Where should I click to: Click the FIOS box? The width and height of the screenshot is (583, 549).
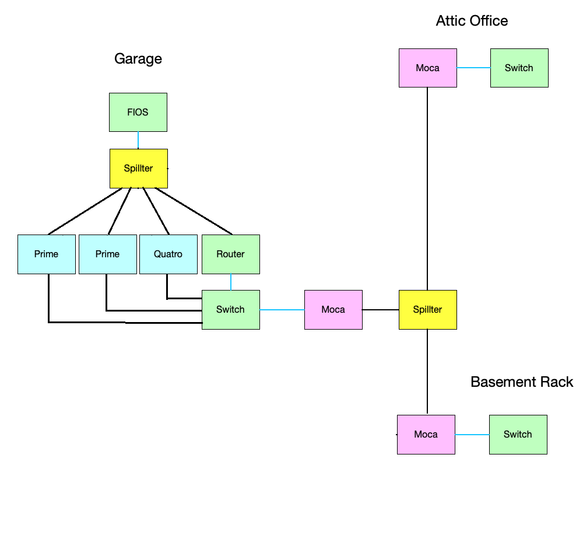click(x=138, y=112)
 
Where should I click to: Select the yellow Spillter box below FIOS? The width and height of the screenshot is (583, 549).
click(x=139, y=169)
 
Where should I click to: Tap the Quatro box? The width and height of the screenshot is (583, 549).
click(x=168, y=254)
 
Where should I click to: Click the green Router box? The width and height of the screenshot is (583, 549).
click(x=231, y=254)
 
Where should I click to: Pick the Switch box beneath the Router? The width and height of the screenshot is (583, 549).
click(x=231, y=309)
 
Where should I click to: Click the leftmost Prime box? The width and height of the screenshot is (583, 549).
click(x=47, y=254)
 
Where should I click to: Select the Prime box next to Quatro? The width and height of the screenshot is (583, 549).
click(x=107, y=254)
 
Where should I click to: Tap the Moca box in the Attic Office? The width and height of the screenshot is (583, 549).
click(x=427, y=68)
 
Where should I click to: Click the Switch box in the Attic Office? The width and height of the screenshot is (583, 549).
click(x=519, y=68)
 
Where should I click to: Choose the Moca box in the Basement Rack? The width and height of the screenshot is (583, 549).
click(x=426, y=434)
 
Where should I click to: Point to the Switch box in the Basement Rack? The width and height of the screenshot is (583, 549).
click(x=518, y=434)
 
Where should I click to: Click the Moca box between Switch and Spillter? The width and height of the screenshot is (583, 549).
click(x=333, y=309)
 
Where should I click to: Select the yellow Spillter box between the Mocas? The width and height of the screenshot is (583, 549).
click(x=427, y=309)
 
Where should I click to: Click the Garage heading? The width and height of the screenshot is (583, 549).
click(x=138, y=58)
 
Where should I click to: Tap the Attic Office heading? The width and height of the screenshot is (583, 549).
click(x=472, y=21)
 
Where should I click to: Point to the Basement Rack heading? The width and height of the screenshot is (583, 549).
click(x=522, y=382)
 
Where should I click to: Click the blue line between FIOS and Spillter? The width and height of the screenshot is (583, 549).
click(x=138, y=140)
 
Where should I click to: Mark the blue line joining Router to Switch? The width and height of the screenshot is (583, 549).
click(x=231, y=282)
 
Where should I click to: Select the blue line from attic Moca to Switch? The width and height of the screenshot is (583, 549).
click(x=473, y=68)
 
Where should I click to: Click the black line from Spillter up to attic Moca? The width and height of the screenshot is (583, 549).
click(x=427, y=187)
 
